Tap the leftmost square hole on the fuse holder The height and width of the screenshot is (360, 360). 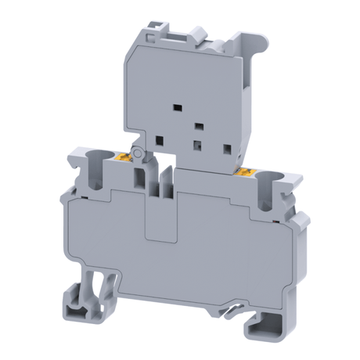click(x=159, y=140)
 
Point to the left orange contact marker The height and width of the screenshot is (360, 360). click(x=127, y=160)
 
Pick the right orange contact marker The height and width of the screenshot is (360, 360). click(x=247, y=171)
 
